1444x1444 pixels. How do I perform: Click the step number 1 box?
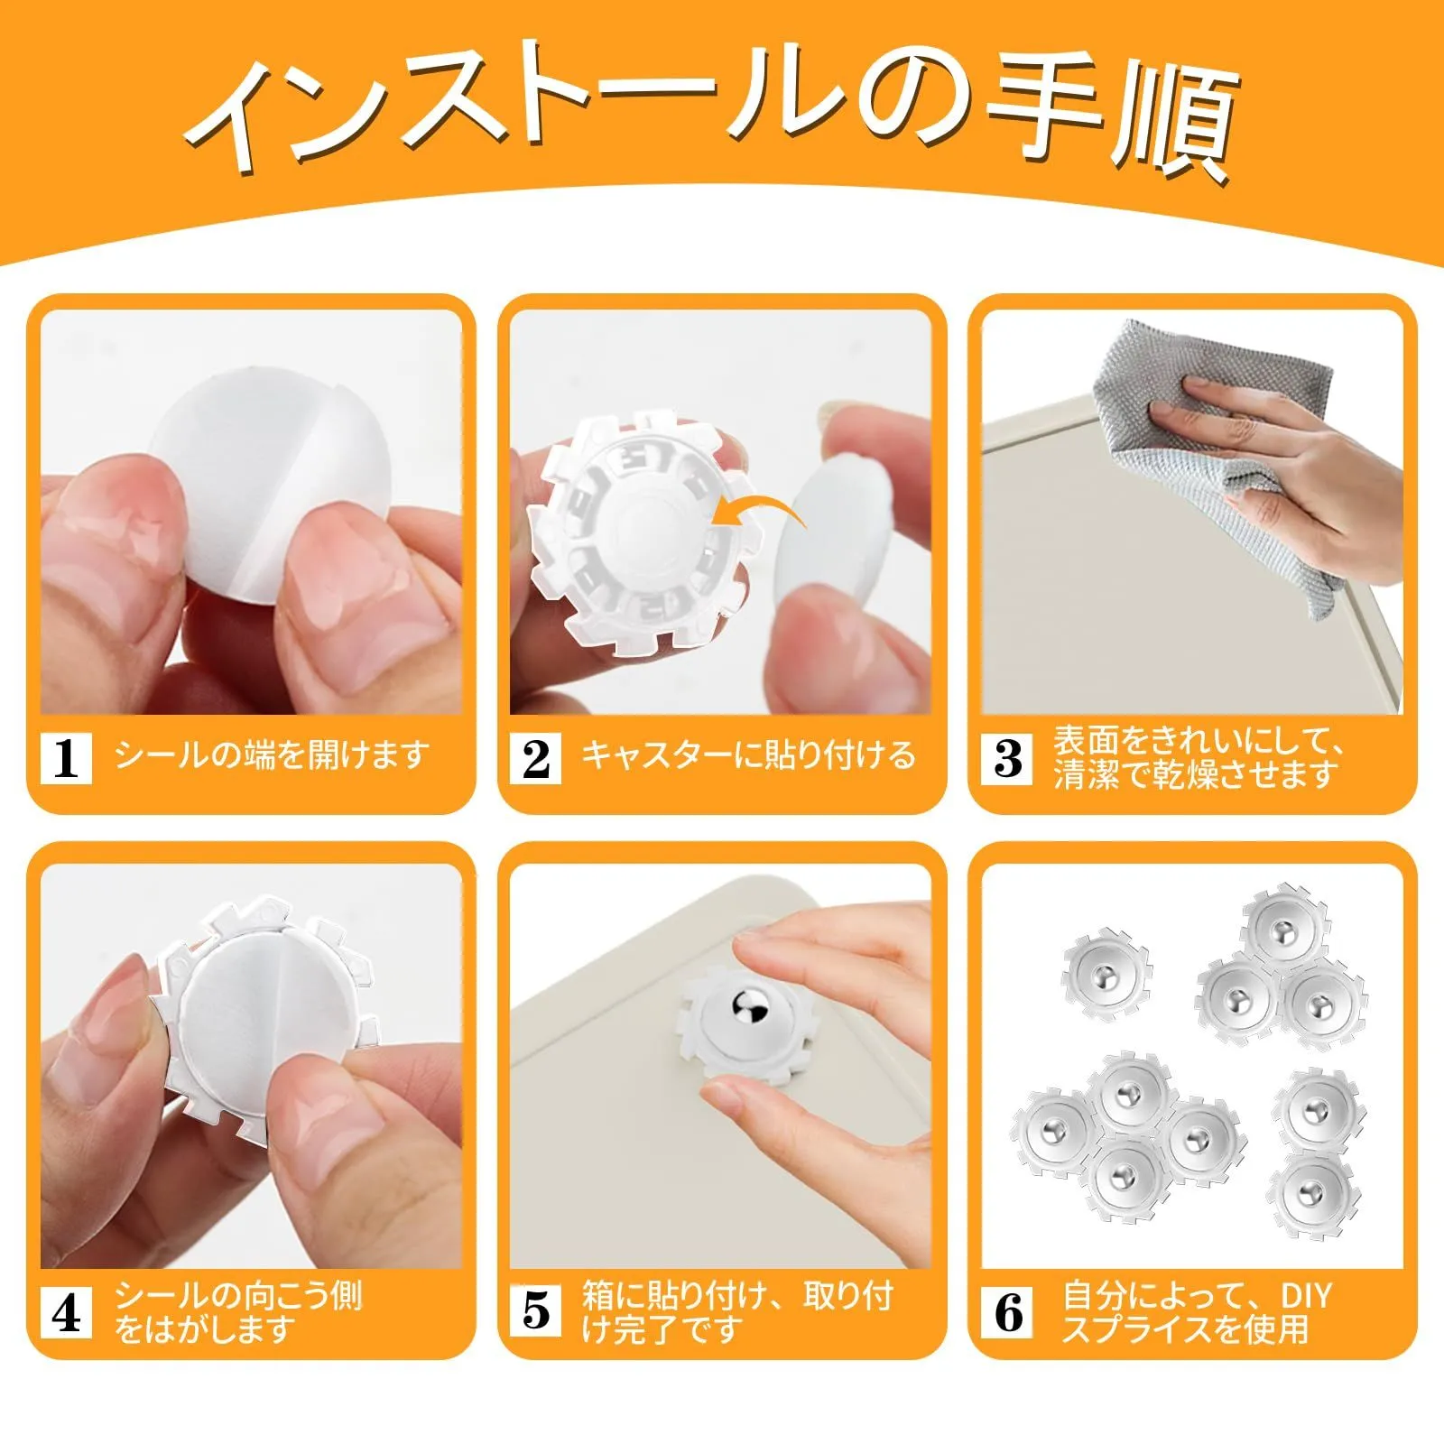[67, 758]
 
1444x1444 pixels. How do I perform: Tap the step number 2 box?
[536, 758]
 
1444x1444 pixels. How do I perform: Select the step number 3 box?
[1008, 758]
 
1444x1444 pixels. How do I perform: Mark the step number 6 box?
[1008, 1312]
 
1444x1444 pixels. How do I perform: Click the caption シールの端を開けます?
[272, 755]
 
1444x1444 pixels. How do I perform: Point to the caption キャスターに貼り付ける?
[748, 755]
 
